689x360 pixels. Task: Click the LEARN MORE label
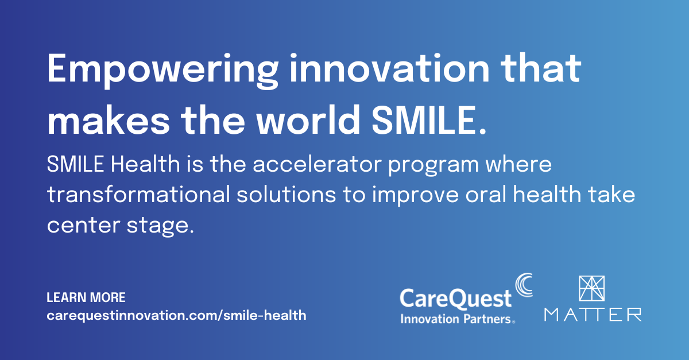pos(86,298)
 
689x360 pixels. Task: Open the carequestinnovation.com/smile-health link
pos(176,315)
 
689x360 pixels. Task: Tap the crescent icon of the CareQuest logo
pos(522,285)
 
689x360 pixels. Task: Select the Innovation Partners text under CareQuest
pos(456,318)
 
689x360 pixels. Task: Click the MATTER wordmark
pos(593,314)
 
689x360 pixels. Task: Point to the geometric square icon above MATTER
pos(593,289)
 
